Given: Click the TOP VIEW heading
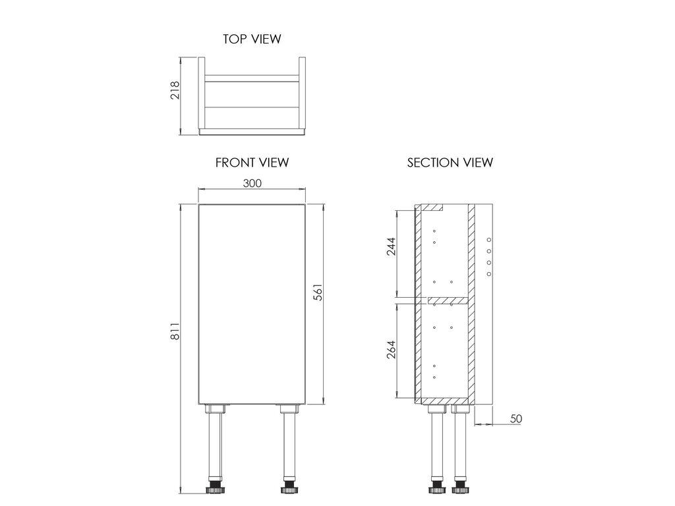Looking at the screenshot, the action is [252, 39].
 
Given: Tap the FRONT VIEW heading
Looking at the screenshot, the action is [252, 163].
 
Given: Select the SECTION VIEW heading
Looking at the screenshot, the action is [450, 163].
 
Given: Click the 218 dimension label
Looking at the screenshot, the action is [175, 90].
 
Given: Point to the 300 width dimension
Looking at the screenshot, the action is [252, 183].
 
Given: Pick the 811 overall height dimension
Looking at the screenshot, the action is [175, 331].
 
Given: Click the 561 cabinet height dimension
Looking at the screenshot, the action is [318, 292].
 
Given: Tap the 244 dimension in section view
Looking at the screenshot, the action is [391, 246].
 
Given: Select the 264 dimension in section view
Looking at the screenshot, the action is [391, 351].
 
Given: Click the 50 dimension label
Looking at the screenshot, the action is [515, 418].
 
